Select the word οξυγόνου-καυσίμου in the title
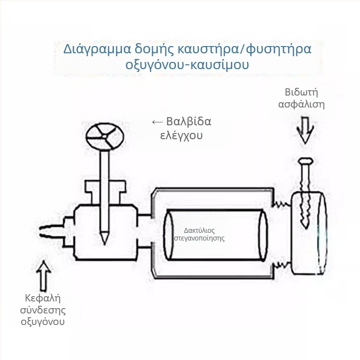(x=187, y=65)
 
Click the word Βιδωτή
(x=301, y=92)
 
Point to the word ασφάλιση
(x=301, y=105)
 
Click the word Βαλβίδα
(x=189, y=121)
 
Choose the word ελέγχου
(x=181, y=135)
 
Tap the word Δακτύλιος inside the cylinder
(x=199, y=230)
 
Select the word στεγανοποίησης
(x=199, y=238)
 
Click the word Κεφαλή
(x=43, y=298)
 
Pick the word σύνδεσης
(x=43, y=311)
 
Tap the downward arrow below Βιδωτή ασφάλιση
(x=305, y=131)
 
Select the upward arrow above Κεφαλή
(x=44, y=276)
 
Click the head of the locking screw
(x=305, y=161)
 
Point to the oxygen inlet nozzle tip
(x=41, y=231)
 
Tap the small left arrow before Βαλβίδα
(x=157, y=122)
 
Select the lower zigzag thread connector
(x=282, y=265)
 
